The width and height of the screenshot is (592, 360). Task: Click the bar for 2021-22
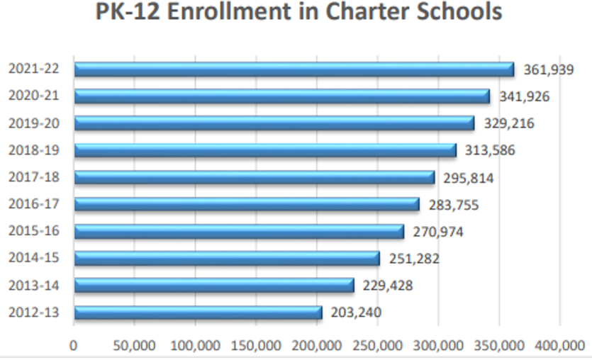pyautogui.click(x=294, y=69)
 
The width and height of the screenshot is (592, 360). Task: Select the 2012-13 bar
pyautogui.click(x=198, y=313)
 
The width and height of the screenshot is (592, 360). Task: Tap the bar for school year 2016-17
pyautogui.click(x=247, y=204)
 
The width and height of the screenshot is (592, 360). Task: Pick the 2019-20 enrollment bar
pyautogui.click(x=274, y=123)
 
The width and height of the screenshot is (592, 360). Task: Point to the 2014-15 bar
pyautogui.click(x=227, y=258)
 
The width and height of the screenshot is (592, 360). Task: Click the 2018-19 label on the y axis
pyautogui.click(x=33, y=150)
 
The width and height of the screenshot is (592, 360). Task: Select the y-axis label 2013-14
pyautogui.click(x=33, y=286)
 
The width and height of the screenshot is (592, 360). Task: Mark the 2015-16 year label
pyautogui.click(x=33, y=232)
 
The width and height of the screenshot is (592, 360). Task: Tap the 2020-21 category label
pyautogui.click(x=33, y=96)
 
